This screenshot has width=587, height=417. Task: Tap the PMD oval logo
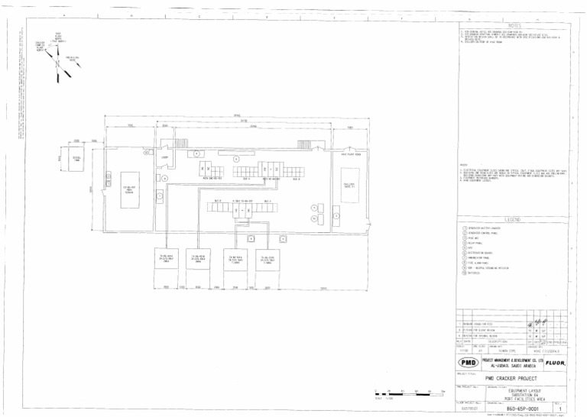coord(468,362)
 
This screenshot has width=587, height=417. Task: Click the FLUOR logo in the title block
coord(555,362)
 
